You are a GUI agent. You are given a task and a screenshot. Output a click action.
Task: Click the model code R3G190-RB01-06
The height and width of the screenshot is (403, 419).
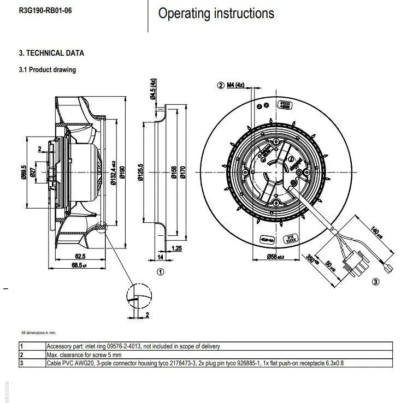[x=45, y=11]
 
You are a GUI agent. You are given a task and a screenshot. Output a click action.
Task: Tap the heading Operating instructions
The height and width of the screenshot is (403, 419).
[x=216, y=14]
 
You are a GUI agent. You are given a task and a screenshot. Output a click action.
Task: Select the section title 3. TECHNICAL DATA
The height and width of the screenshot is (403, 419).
[x=51, y=54]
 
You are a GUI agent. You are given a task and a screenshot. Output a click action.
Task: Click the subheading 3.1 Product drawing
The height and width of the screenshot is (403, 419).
[x=48, y=70]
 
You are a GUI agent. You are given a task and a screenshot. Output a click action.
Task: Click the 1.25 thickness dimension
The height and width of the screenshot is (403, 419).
[x=176, y=248]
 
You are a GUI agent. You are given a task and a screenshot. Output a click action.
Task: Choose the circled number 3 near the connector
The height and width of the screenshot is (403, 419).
[x=376, y=282]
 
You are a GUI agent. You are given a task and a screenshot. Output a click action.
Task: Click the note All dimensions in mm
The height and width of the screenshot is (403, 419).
[x=39, y=332]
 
